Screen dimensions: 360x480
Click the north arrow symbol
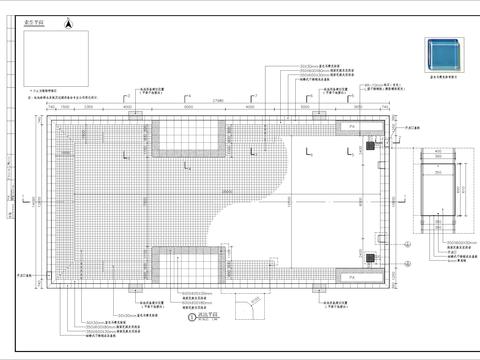(68, 21)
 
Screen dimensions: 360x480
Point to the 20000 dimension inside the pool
(232, 190)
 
